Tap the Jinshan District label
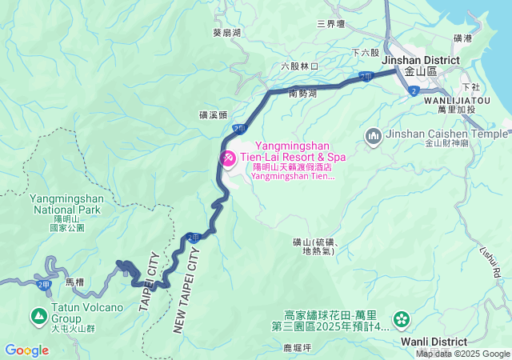click(421, 60)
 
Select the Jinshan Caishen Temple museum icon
click(373, 137)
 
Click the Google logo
click(26, 350)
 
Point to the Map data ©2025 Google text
click(462, 354)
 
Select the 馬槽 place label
click(74, 282)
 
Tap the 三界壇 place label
click(330, 24)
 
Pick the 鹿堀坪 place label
click(297, 348)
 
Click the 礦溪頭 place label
click(214, 115)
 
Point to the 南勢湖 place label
click(302, 94)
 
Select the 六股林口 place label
click(300, 66)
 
